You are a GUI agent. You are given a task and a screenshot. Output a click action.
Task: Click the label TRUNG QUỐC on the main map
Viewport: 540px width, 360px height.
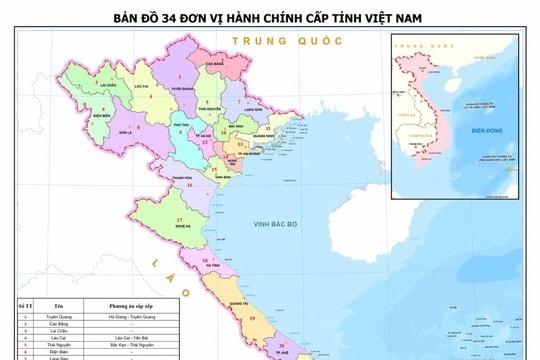286,41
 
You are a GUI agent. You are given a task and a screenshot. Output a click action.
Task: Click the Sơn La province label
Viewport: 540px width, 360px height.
125,131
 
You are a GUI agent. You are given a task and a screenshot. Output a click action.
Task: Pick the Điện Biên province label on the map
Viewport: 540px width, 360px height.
100,115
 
